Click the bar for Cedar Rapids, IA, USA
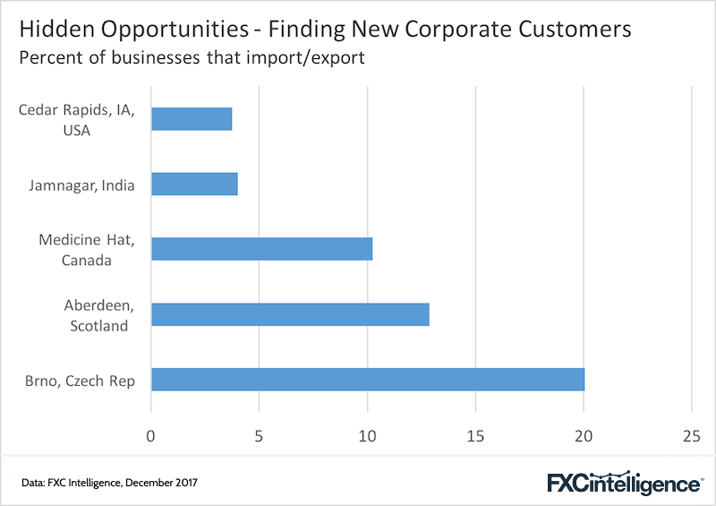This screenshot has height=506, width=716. (x=192, y=119)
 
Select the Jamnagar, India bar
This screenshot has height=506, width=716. (x=194, y=184)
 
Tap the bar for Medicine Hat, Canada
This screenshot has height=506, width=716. (x=261, y=249)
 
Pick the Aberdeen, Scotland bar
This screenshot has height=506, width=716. (x=290, y=314)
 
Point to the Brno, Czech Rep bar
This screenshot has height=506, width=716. (x=367, y=380)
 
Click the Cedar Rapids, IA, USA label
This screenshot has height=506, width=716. (x=76, y=120)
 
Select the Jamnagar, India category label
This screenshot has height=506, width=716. (x=82, y=185)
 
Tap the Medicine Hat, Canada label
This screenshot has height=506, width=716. (x=87, y=250)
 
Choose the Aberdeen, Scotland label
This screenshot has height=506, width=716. (x=97, y=315)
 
